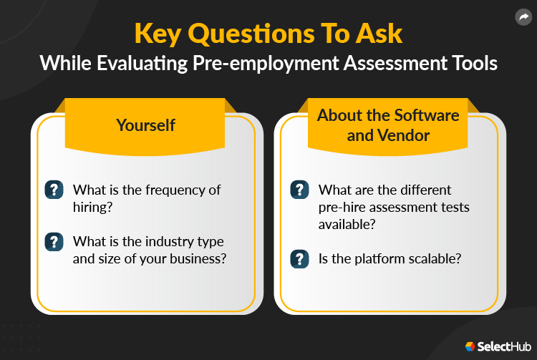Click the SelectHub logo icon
470,346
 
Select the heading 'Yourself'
146,125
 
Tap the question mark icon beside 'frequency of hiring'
54,190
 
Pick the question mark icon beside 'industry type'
54,240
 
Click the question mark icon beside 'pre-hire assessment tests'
299,190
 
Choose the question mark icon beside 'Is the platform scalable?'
299,258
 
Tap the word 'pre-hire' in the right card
343,208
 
